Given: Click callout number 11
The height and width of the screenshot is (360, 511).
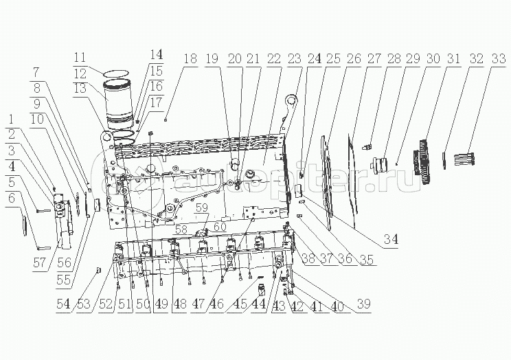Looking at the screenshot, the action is [x=80, y=58].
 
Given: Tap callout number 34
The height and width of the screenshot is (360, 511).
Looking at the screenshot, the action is [x=391, y=240].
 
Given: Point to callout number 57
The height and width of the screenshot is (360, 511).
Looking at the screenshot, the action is [x=40, y=262].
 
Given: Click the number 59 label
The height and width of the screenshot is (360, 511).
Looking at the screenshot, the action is [x=202, y=207].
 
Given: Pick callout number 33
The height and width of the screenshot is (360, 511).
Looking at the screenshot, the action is [x=498, y=58].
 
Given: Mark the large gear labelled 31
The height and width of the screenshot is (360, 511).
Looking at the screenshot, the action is [x=422, y=161].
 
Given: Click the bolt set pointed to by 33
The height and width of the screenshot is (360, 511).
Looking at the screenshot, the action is [x=464, y=159].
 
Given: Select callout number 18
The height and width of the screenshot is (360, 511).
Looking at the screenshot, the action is [x=190, y=58].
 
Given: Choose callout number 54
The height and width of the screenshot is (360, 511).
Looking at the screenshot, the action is [x=63, y=304].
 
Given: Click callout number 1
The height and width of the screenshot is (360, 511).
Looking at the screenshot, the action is [x=12, y=119].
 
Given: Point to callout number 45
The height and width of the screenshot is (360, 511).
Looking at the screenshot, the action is [x=234, y=304].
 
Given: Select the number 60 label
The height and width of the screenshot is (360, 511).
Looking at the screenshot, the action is [x=220, y=226].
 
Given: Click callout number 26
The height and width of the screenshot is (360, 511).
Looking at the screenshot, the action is [x=354, y=58].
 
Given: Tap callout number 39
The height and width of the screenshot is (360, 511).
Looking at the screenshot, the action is [x=364, y=303].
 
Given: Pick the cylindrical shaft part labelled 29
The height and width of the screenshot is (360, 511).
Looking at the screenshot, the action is [x=381, y=164].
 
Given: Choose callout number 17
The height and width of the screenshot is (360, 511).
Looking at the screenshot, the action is [x=156, y=102].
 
